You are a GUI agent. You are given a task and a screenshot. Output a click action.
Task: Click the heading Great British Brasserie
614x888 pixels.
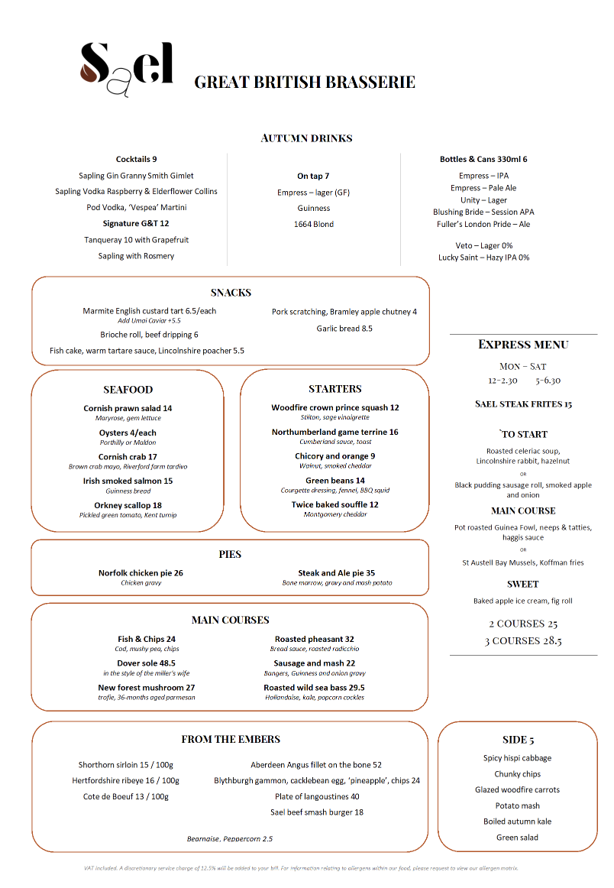click(x=305, y=82)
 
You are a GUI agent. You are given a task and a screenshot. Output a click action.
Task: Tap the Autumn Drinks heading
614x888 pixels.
click(x=306, y=138)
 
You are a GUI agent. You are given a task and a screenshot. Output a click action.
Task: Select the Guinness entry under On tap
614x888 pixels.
click(x=314, y=208)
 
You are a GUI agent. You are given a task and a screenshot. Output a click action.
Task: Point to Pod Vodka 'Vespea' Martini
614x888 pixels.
click(x=137, y=207)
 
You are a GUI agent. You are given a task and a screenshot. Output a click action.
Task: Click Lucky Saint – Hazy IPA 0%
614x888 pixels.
click(x=483, y=258)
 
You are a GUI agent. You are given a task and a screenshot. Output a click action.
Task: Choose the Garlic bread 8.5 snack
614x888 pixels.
click(x=344, y=329)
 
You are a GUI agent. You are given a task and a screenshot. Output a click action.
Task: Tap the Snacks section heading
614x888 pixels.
click(x=231, y=293)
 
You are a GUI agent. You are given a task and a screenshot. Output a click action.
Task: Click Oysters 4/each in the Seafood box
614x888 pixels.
click(x=128, y=433)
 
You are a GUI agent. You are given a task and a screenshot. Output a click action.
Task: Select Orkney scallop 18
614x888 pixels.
click(x=128, y=505)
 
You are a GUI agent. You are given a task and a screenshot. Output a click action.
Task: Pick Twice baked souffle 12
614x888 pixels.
click(x=334, y=504)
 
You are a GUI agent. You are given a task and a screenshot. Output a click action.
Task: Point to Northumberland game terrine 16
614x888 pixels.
click(x=334, y=432)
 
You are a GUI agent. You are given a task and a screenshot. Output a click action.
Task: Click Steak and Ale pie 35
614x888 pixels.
click(x=336, y=572)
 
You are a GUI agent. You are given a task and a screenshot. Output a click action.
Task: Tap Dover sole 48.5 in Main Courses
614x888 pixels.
click(x=147, y=663)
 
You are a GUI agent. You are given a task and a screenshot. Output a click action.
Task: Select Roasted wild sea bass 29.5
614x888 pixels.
click(x=314, y=688)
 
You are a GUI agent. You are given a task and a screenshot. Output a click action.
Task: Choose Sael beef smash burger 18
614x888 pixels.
click(x=317, y=812)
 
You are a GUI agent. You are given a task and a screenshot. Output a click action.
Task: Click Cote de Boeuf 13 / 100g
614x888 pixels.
click(x=126, y=796)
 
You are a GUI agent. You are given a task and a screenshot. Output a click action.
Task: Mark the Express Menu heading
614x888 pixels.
click(x=523, y=345)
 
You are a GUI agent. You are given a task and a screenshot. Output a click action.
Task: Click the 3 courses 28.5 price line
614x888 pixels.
click(x=523, y=640)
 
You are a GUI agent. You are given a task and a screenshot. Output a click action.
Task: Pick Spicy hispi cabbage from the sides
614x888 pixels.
click(x=517, y=758)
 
